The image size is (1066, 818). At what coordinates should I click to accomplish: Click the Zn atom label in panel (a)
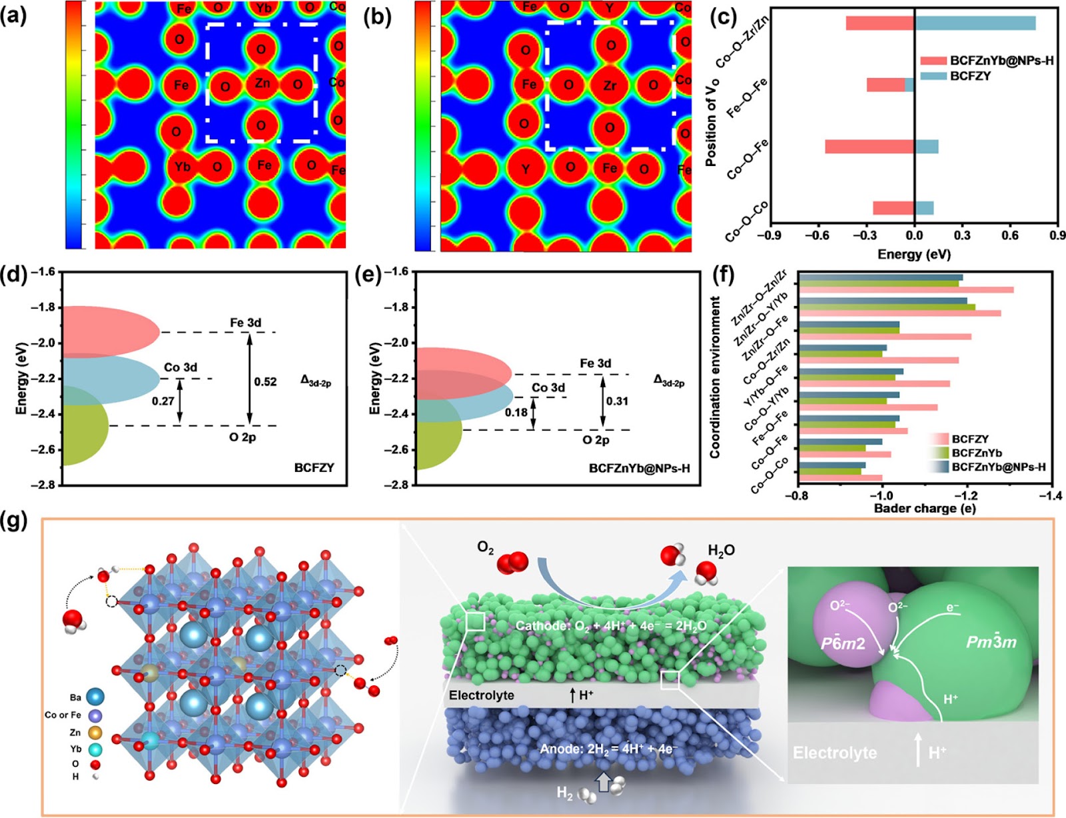tap(263, 83)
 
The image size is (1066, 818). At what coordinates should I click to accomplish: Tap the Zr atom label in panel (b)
tap(610, 85)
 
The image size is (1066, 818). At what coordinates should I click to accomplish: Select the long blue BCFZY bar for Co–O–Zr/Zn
tap(975, 23)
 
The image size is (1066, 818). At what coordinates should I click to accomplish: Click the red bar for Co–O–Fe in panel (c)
tap(869, 147)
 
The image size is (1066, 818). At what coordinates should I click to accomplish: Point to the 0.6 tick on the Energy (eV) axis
tap(1010, 235)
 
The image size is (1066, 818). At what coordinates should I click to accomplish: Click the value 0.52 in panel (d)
tap(265, 382)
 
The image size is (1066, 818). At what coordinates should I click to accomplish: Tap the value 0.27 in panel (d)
tap(163, 401)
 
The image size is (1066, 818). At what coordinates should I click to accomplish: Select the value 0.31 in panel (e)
tap(617, 401)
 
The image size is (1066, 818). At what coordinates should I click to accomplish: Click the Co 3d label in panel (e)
tap(548, 387)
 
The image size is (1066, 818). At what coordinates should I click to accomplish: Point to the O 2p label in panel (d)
tap(243, 437)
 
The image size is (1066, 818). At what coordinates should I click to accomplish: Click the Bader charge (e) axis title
tap(925, 509)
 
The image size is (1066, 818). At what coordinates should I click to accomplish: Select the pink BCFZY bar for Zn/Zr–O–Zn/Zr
tap(907, 290)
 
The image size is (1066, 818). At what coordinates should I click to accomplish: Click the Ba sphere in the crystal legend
tap(95, 697)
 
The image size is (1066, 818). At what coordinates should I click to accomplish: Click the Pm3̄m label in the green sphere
tap(991, 642)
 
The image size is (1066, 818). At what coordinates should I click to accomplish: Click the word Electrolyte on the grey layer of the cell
tap(482, 695)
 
